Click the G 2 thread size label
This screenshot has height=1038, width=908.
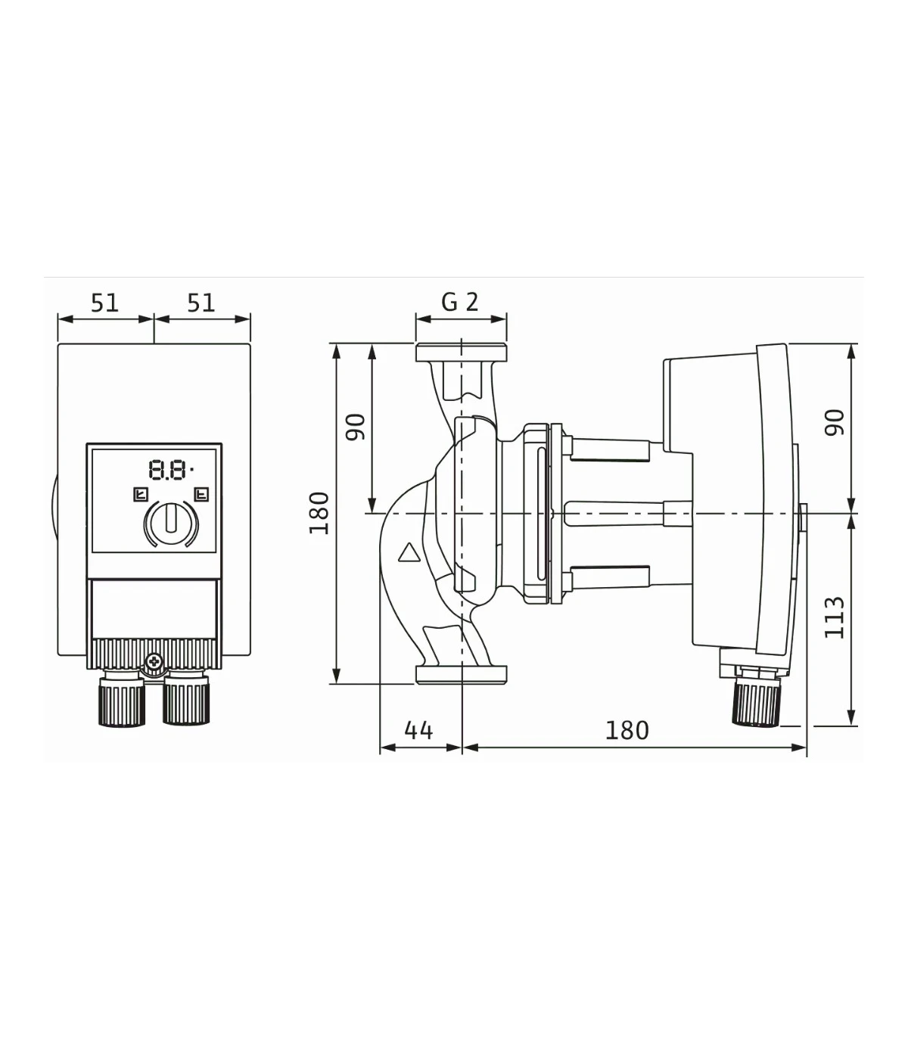460,303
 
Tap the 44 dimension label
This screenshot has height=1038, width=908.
418,731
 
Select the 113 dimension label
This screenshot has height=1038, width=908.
835,618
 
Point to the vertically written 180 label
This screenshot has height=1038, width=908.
319,513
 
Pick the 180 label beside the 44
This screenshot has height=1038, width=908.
627,731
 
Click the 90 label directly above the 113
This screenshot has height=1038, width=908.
835,422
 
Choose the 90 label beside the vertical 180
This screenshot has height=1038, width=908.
355,427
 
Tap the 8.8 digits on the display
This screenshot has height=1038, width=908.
167,470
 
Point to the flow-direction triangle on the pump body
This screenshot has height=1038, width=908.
408,552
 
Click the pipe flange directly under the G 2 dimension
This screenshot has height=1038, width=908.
461,353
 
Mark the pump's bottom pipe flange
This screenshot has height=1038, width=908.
461,674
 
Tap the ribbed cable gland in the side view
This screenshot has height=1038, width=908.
757,704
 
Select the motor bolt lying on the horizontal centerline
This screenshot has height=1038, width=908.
629,514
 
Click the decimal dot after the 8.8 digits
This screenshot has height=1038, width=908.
191,471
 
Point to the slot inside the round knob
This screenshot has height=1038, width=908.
171,518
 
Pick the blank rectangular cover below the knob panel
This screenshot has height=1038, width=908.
154,609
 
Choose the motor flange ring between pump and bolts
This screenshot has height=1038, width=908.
556,514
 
